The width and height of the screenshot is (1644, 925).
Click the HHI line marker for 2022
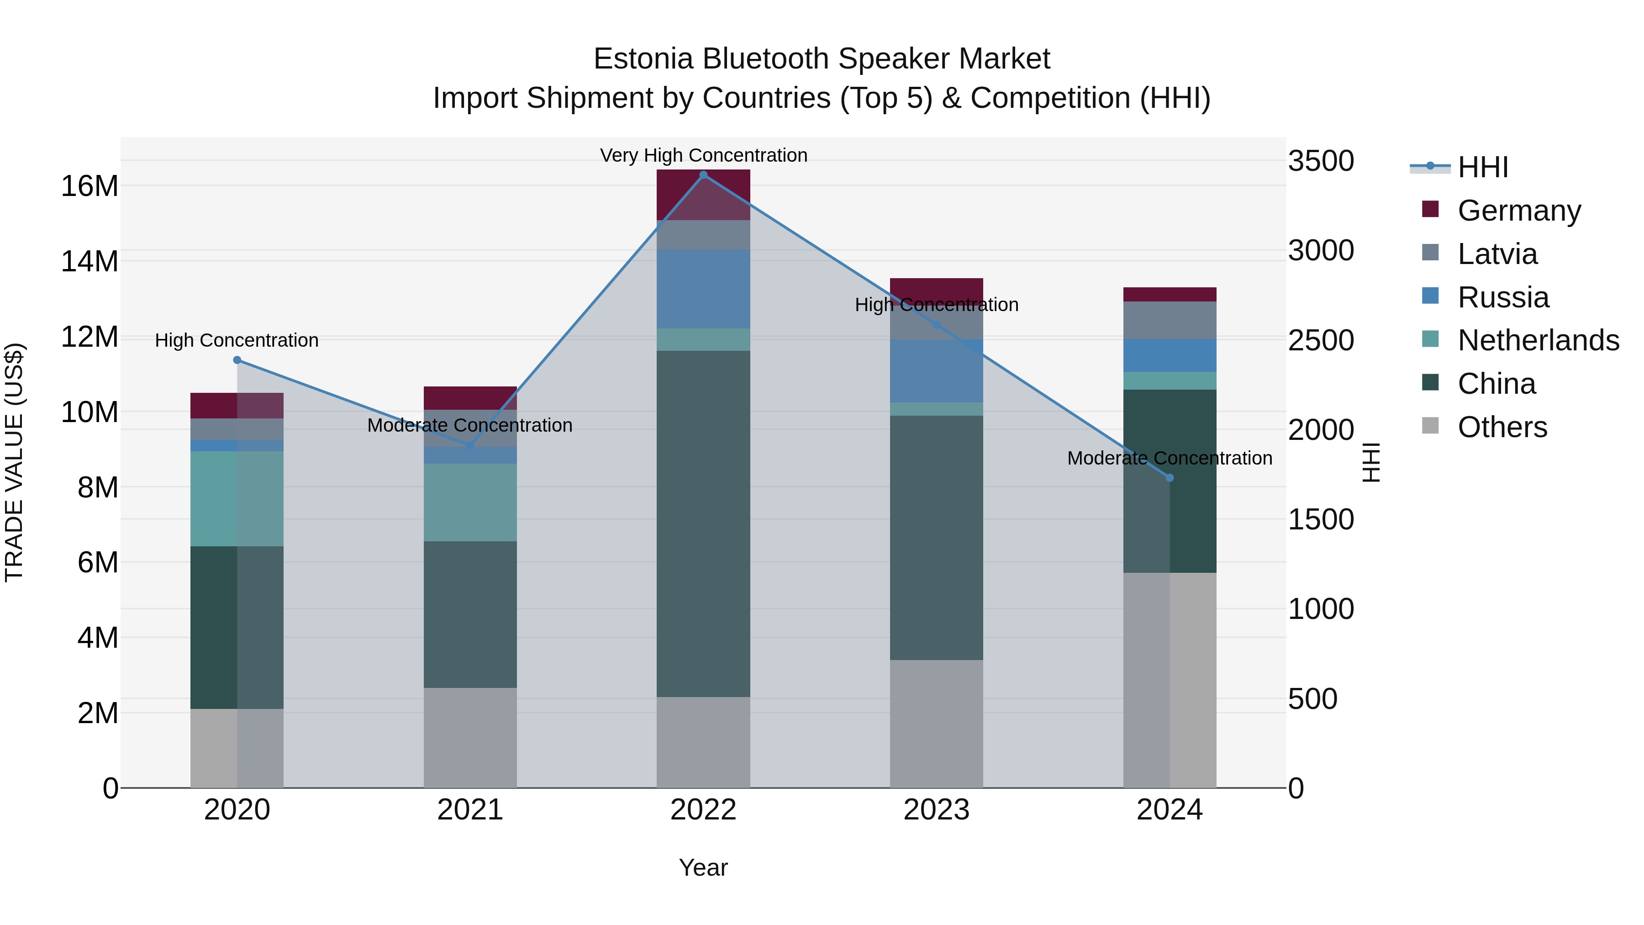click(703, 175)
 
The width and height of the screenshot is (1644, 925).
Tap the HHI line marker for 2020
click(237, 360)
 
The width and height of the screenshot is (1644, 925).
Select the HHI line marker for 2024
click(1169, 477)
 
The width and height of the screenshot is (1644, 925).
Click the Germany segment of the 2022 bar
click(703, 195)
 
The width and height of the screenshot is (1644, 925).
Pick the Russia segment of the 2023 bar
click(936, 371)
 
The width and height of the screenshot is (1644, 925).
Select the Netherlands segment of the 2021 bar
click(470, 502)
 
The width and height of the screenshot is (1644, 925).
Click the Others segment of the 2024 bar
click(1169, 680)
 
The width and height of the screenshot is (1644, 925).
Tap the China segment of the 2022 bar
click(703, 523)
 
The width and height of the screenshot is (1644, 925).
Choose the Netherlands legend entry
click(1538, 340)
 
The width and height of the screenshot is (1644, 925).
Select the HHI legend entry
click(1482, 167)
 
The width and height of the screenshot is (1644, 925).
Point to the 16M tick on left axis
click(90, 186)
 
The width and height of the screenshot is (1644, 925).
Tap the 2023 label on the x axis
click(936, 810)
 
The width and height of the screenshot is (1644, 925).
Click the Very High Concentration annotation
click(703, 155)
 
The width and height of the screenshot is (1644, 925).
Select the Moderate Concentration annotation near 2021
click(470, 425)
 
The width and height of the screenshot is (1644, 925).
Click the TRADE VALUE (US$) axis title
click(14, 462)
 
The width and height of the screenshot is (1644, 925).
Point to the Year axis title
click(703, 867)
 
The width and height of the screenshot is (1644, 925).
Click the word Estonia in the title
click(643, 59)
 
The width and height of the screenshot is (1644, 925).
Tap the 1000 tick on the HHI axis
click(1320, 609)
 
